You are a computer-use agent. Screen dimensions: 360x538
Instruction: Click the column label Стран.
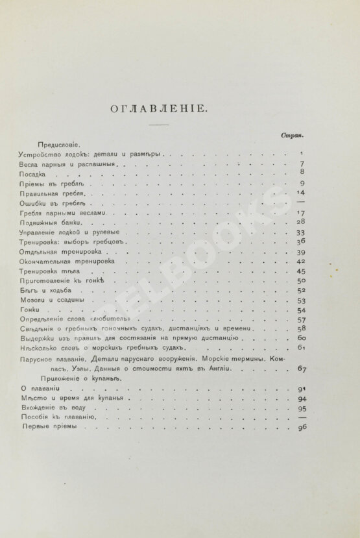293,136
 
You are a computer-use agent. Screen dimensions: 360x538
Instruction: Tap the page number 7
302,164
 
